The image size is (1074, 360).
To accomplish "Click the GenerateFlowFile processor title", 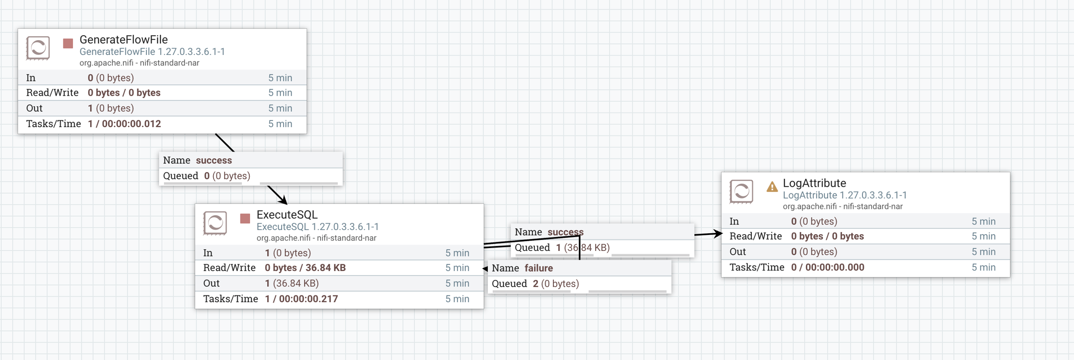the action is click(123, 39).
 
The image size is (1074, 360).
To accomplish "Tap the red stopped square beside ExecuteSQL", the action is click(245, 218).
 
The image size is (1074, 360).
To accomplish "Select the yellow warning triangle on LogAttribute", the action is click(772, 186).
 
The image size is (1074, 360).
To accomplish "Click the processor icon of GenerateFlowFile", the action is click(38, 48).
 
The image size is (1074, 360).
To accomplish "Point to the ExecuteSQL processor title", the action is click(287, 214).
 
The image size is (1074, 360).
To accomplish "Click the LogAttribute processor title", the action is click(814, 183).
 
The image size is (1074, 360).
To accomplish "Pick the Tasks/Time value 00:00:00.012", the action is click(131, 124).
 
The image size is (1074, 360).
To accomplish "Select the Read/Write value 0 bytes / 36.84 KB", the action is click(305, 268).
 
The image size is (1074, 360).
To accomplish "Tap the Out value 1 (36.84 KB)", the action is click(292, 283).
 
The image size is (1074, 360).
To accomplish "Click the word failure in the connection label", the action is click(539, 268).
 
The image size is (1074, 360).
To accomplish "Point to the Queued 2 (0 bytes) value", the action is click(556, 284).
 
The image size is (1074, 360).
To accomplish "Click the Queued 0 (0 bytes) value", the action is click(227, 176).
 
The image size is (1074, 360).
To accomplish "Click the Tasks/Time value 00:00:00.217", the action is click(308, 299).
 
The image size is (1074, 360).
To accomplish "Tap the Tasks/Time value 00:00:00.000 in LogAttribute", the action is click(834, 267).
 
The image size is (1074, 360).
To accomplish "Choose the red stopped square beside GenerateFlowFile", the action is click(68, 43).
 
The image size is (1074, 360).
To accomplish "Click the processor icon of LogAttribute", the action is click(741, 192).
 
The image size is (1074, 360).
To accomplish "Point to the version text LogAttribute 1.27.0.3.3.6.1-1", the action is click(845, 195).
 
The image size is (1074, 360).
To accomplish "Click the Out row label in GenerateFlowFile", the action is click(34, 108).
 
